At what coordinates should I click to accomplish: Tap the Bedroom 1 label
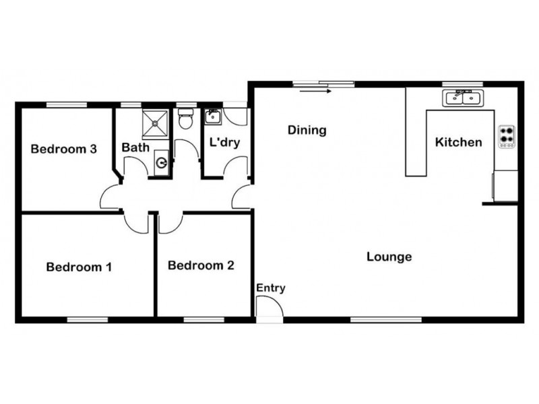tap(79, 267)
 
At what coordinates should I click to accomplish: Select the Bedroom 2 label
tap(201, 265)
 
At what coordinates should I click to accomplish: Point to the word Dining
tap(307, 130)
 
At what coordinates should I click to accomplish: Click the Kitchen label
tap(458, 142)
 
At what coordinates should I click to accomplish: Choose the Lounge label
tap(389, 257)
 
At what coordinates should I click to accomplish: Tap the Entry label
tap(270, 288)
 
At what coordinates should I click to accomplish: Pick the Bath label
tap(135, 147)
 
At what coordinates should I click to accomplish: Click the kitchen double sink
tap(462, 98)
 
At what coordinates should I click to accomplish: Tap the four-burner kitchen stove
tap(506, 136)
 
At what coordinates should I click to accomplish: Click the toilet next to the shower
tap(185, 120)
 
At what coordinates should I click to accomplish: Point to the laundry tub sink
tap(213, 117)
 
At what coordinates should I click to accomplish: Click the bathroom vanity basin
tap(162, 162)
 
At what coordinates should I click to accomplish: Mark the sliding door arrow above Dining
tap(316, 90)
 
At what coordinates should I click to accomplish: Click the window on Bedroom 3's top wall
tap(67, 104)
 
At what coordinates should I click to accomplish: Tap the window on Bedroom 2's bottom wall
tap(202, 319)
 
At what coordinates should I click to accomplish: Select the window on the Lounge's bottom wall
tap(386, 319)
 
